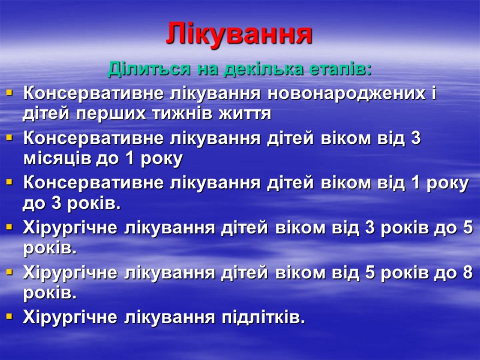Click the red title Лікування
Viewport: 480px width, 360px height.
click(239, 34)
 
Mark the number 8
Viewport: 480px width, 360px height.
click(468, 274)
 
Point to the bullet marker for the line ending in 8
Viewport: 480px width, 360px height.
click(9, 273)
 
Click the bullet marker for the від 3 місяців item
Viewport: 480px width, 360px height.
click(9, 139)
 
